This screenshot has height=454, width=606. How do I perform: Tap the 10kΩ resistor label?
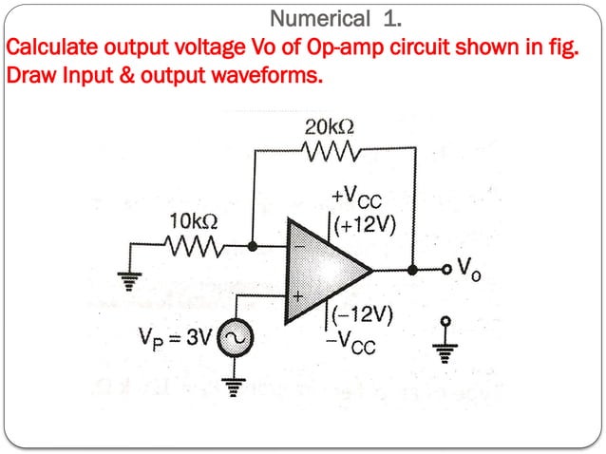[193, 221]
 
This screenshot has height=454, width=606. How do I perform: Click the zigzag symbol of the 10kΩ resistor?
[195, 247]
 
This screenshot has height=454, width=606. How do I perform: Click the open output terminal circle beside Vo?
[445, 271]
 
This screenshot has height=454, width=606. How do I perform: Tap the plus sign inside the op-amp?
[295, 296]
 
